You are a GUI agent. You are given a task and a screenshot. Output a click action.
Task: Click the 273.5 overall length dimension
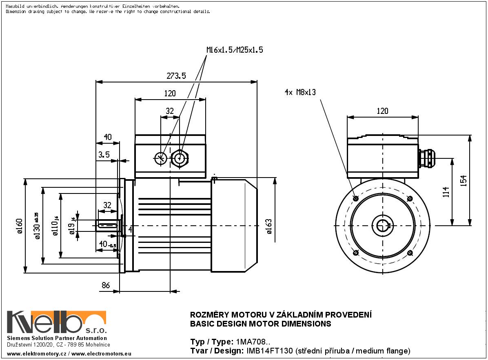pyautogui.click(x=176, y=76)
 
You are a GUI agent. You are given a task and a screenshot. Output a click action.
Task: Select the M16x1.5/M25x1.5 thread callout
pyautogui.click(x=235, y=50)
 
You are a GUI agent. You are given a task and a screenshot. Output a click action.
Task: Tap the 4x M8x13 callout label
pyautogui.click(x=300, y=93)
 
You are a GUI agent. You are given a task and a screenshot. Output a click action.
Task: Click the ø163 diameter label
pyautogui.click(x=269, y=226)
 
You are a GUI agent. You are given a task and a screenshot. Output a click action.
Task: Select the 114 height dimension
pyautogui.click(x=446, y=191)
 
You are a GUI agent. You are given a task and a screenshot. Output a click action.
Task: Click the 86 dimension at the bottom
pyautogui.click(x=106, y=285)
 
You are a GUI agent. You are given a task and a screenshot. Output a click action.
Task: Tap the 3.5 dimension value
pyautogui.click(x=104, y=154)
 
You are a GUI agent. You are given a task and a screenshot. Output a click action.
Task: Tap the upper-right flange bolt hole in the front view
pyautogui.click(x=410, y=199)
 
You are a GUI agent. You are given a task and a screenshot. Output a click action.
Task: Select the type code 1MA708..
pyautogui.click(x=253, y=342)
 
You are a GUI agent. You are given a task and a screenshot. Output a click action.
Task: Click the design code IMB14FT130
pyautogui.click(x=268, y=351)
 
